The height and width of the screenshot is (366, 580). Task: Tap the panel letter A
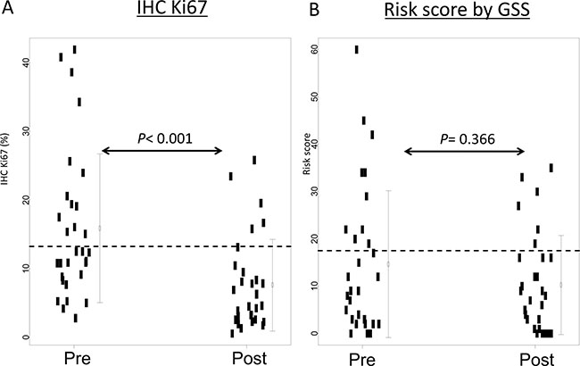[x=8, y=12]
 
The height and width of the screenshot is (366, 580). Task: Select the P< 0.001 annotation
[x=162, y=137]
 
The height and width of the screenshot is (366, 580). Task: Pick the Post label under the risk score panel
[x=535, y=355]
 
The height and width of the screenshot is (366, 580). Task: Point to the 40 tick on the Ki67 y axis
[x=26, y=62]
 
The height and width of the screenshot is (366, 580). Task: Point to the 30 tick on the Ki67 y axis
[x=26, y=130]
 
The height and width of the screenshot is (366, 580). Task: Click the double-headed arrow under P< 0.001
[x=162, y=151]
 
